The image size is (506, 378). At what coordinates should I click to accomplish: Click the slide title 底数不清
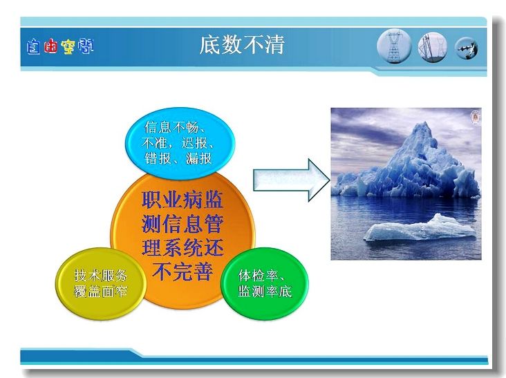(242, 45)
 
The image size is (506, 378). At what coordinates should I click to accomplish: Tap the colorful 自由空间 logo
(60, 46)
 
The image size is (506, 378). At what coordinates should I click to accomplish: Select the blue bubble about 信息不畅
(180, 143)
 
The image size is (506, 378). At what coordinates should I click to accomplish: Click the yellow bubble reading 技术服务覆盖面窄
(101, 283)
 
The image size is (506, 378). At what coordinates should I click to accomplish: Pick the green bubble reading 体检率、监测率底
(265, 283)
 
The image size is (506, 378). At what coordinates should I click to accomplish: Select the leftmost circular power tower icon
(394, 46)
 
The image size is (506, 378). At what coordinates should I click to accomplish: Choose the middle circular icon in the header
(433, 47)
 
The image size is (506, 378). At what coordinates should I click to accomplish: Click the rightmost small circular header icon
(467, 48)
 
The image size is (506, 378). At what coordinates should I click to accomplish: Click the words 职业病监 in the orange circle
(182, 200)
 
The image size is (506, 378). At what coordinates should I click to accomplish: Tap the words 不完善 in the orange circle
(182, 272)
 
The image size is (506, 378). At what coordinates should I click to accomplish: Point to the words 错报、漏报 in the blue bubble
(178, 158)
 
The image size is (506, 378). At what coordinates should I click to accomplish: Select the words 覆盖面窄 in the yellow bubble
(101, 291)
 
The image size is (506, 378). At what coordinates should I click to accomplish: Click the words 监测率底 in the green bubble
(265, 291)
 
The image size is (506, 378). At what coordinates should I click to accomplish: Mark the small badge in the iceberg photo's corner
(476, 116)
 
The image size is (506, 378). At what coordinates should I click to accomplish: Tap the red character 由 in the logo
(50, 47)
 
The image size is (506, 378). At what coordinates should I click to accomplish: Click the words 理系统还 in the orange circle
(182, 247)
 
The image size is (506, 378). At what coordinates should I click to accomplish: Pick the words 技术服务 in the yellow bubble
(101, 276)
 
